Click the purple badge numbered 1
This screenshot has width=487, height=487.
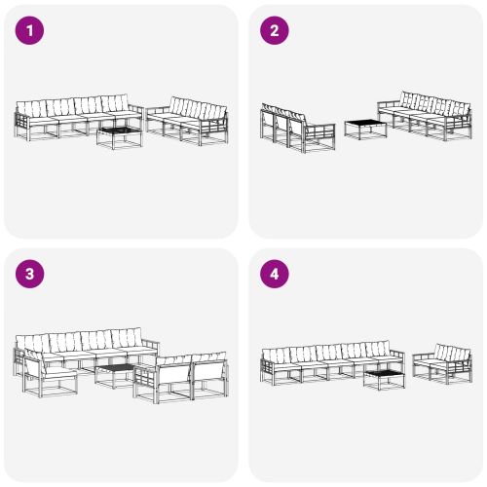click(31, 30)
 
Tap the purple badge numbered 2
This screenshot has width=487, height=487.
click(275, 30)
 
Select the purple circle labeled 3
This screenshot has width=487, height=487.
click(31, 274)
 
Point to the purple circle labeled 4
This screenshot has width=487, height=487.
click(275, 274)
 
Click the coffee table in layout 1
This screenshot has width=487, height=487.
click(117, 134)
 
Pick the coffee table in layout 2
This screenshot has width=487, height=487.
click(361, 129)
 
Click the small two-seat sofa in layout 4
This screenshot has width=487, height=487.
click(443, 362)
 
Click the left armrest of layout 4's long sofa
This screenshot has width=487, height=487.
click(265, 368)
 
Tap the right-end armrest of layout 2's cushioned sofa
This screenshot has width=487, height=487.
click(467, 121)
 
